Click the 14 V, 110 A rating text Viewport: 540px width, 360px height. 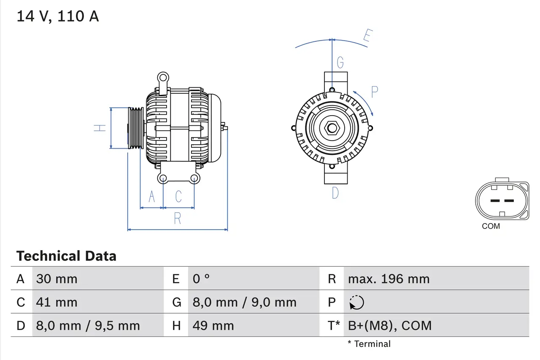coord(58,16)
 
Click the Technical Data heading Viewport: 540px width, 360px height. coord(66,256)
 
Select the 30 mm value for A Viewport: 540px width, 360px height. coord(57,279)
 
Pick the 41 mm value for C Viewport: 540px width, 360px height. coord(57,302)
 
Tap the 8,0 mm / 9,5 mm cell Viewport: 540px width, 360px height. coord(88,325)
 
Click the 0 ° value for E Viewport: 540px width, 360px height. coord(201,279)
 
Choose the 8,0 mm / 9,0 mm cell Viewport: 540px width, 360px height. coord(244,302)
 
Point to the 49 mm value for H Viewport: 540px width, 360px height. coord(213,325)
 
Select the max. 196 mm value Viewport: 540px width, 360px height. coord(389,279)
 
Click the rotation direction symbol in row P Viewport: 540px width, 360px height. coord(356,302)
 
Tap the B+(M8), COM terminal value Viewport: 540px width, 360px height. coord(389,325)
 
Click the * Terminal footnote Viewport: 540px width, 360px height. coord(369,344)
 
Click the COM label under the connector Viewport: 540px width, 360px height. coord(491,226)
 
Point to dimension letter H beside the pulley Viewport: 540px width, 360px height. coord(100,127)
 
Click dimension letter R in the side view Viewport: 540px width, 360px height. coord(178,219)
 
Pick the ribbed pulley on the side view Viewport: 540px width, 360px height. coord(135,127)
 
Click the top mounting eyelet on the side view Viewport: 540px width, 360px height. coord(163,78)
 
